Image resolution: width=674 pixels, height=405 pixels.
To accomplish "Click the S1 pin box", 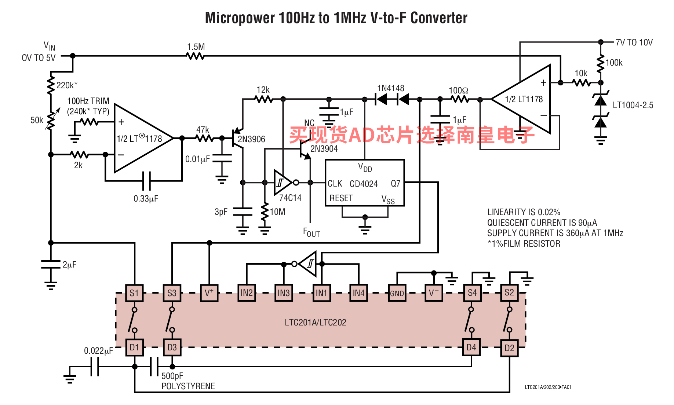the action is click(134, 293).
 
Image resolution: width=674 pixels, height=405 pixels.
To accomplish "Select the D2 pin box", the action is click(509, 348).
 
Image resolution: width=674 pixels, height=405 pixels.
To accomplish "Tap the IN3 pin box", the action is click(284, 293).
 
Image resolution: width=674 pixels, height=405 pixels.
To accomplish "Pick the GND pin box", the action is click(397, 293).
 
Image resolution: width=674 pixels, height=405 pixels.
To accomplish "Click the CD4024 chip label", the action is click(364, 184).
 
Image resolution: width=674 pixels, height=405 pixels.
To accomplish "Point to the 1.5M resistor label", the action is click(196, 47).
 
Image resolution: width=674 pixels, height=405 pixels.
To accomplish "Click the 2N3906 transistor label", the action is click(251, 139).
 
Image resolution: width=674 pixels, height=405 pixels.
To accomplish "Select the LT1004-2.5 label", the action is click(633, 105).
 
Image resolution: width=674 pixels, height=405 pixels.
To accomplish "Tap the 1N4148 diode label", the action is click(391, 88).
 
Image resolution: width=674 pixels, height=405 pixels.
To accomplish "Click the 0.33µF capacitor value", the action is click(146, 199).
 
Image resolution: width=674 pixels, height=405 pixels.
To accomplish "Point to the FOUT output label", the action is click(312, 232).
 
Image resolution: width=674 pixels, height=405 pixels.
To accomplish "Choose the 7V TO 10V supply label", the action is click(634, 43).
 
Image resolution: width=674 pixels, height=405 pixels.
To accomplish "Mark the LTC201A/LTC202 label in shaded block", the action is click(316, 323).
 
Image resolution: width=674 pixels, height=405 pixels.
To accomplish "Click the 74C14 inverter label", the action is click(290, 198).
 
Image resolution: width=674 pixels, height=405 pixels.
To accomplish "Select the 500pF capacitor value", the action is click(172, 376).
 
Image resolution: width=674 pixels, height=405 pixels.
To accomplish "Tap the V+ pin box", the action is click(209, 293).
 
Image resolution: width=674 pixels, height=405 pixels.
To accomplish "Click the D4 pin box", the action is click(471, 347).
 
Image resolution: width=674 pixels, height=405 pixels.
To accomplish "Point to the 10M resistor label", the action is click(277, 212).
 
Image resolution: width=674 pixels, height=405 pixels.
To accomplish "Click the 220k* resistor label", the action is click(67, 85).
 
